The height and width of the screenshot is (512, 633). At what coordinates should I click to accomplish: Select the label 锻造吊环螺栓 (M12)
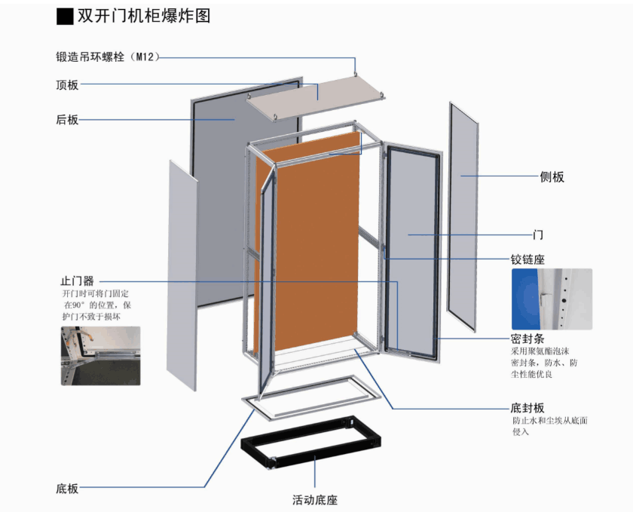pyautogui.click(x=105, y=57)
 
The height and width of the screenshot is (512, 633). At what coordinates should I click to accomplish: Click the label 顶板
pyautogui.click(x=67, y=85)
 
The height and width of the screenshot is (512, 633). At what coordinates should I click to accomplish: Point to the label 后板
pyautogui.click(x=67, y=119)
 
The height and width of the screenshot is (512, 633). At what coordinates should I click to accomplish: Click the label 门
pyautogui.click(x=538, y=235)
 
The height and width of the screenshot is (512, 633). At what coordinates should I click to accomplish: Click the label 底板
pyautogui.click(x=67, y=489)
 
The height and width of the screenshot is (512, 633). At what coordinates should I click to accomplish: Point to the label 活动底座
pyautogui.click(x=314, y=499)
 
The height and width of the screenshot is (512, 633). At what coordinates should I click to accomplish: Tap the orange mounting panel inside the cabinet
pyautogui.click(x=316, y=249)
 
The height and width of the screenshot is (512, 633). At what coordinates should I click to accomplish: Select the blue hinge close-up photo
pyautogui.click(x=552, y=299)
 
